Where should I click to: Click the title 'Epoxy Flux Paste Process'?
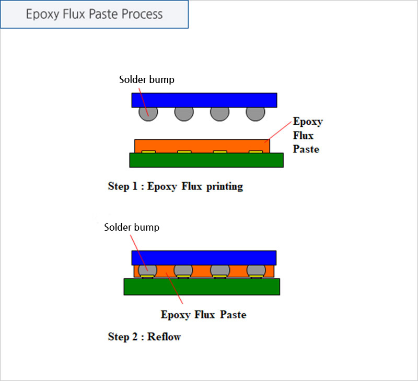(94, 14)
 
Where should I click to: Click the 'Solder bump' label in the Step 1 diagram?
(147, 80)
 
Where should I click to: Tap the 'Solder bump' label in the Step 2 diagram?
(132, 228)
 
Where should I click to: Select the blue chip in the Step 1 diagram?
(204, 100)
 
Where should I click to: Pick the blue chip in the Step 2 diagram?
(204, 258)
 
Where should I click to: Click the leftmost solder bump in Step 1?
(148, 114)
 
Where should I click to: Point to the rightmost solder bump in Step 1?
(256, 114)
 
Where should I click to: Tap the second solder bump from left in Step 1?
(184, 114)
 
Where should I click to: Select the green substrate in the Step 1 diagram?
(206, 160)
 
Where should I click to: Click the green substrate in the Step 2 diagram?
(202, 287)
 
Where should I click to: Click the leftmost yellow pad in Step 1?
(148, 152)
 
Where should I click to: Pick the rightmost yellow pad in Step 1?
(256, 152)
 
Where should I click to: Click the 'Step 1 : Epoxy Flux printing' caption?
(176, 186)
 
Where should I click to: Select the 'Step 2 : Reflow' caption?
(144, 337)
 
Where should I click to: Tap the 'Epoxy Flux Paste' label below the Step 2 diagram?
(203, 315)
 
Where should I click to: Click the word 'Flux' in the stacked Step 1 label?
(303, 135)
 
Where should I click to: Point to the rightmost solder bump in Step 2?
(256, 270)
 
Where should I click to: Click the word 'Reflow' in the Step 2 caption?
(164, 337)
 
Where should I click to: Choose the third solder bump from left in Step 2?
(220, 270)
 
